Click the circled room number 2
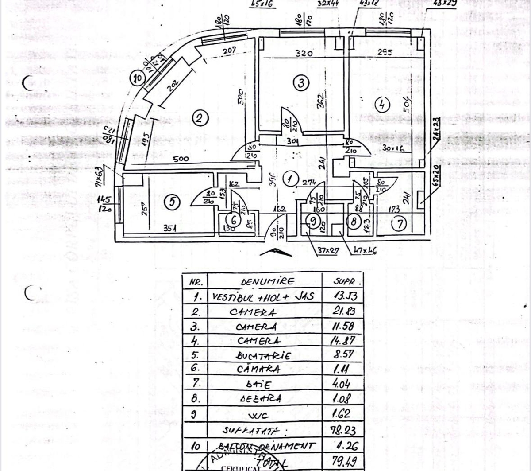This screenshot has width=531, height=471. [x=200, y=118]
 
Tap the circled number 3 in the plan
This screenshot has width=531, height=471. [x=300, y=82]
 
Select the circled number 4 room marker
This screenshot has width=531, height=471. [x=382, y=105]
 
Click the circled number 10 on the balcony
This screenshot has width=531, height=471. [x=138, y=79]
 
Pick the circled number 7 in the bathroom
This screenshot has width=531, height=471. [x=400, y=224]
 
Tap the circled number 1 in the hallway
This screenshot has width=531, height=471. [x=290, y=179]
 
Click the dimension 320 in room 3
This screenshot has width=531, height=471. [x=304, y=53]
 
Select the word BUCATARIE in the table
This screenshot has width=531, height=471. [x=263, y=356]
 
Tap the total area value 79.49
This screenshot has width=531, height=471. [x=345, y=462]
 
